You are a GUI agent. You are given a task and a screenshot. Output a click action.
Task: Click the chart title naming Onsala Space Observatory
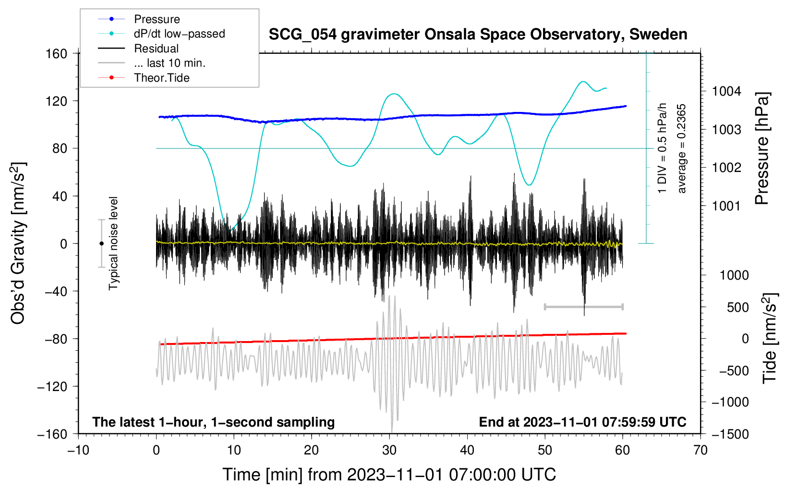pos(478,35)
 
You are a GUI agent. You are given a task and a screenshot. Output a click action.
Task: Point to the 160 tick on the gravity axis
pos(57,53)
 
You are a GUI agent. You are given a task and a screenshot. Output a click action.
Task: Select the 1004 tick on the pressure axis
pos(726,91)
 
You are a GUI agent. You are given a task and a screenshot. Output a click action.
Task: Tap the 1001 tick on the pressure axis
pos(726,206)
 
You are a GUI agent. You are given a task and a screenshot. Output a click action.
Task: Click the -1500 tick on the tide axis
pos(730,434)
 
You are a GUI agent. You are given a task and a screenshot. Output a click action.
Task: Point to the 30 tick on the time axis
pos(389,450)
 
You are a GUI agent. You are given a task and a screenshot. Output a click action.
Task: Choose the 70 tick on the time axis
pos(700,450)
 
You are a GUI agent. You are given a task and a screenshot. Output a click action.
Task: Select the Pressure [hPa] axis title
pos(762,149)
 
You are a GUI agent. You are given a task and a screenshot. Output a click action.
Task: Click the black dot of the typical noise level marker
pos(101,244)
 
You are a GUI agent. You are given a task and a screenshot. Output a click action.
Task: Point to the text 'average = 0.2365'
pos(681,149)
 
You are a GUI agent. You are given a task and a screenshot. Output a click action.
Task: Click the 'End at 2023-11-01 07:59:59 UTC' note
pos(582,422)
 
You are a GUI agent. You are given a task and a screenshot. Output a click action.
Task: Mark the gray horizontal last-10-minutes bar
pos(583,306)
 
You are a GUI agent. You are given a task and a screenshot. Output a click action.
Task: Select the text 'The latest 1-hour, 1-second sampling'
pos(213,422)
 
